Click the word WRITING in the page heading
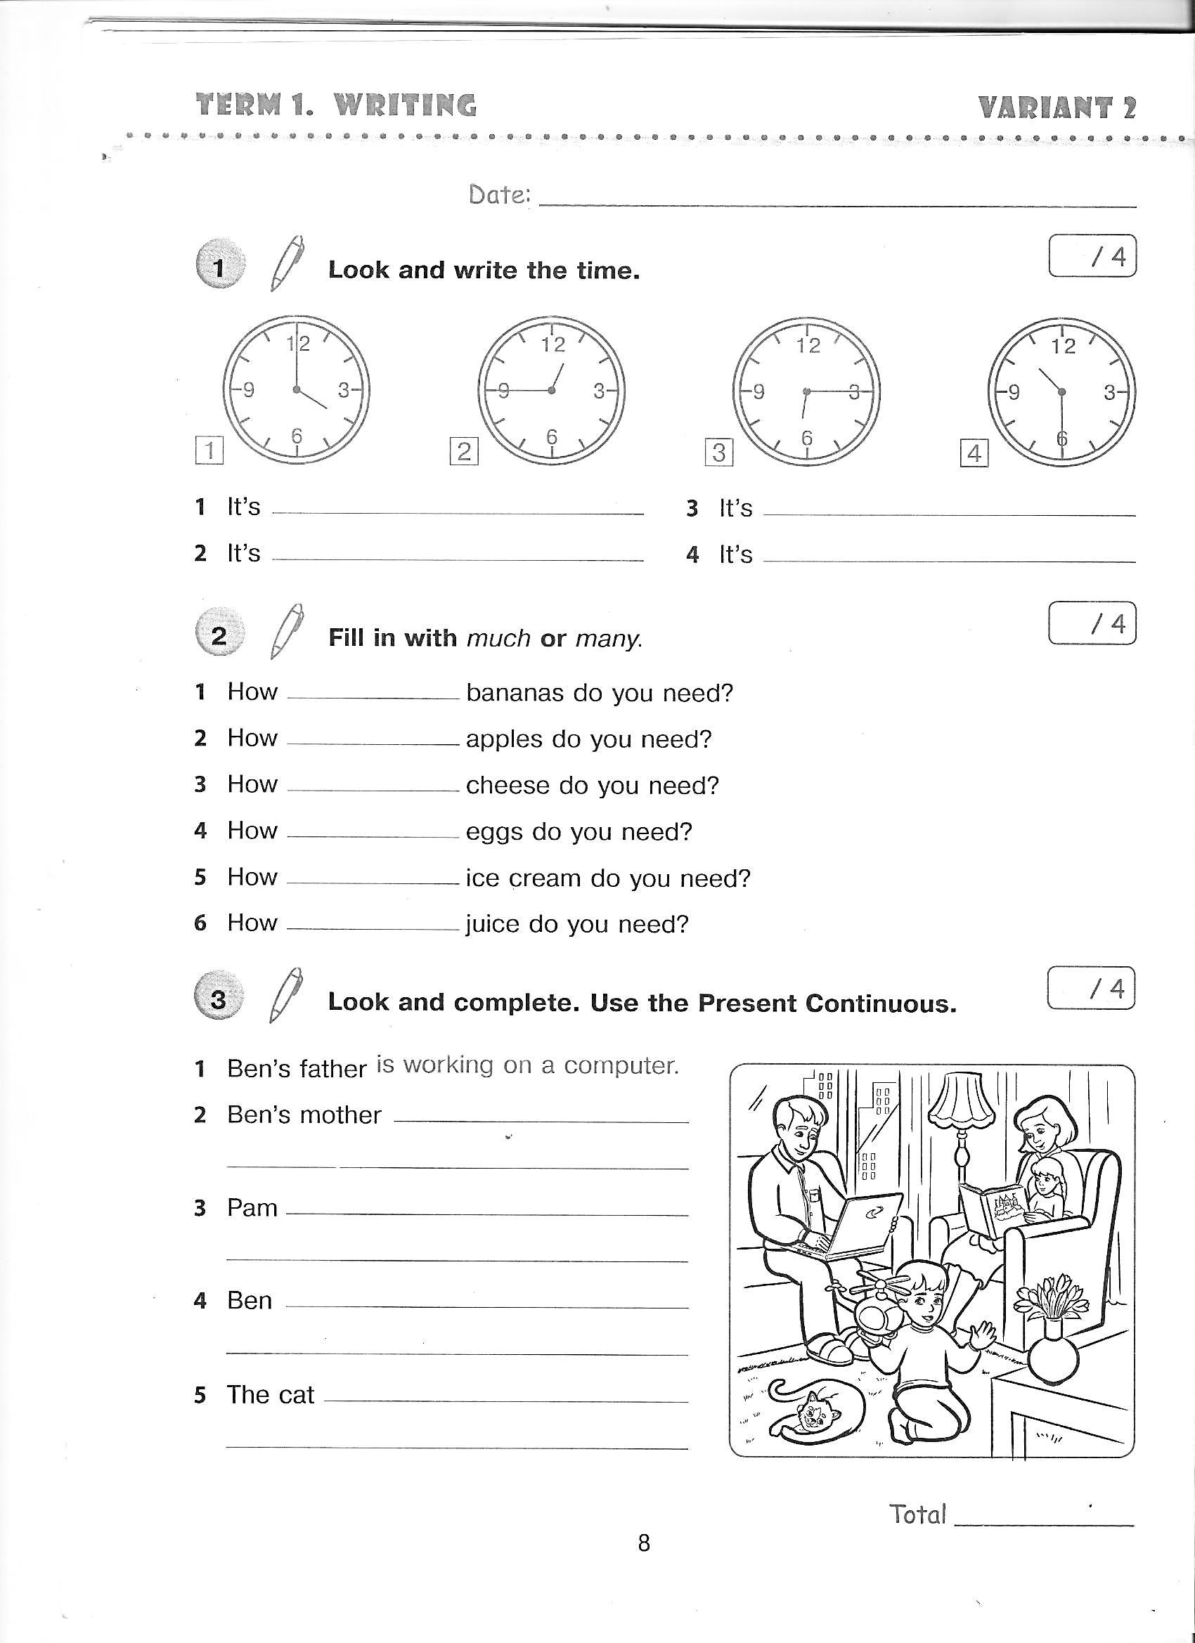tap(405, 106)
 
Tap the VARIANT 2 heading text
tap(1057, 108)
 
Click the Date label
tap(499, 195)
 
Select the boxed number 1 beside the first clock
tap(209, 450)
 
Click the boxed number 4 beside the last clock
tap(974, 453)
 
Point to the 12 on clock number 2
tap(553, 345)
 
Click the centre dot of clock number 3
tap(806, 392)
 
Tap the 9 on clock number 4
tap(1014, 393)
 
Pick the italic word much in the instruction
tap(498, 638)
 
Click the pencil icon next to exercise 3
tap(285, 995)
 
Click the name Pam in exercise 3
tap(252, 1207)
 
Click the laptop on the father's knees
tap(863, 1224)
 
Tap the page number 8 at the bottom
tap(643, 1543)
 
